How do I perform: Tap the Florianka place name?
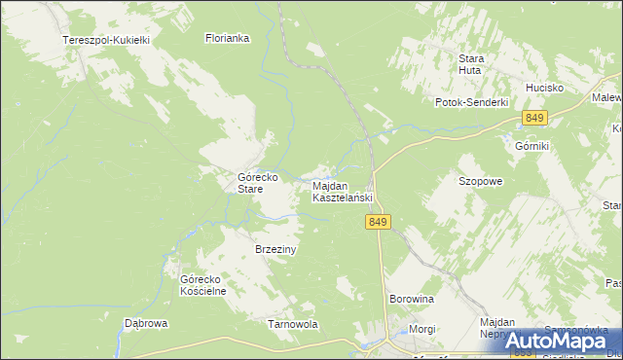(228, 39)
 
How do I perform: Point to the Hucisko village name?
(544, 88)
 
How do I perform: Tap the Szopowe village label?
(480, 181)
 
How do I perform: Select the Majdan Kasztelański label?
(342, 192)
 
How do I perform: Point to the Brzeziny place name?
(275, 249)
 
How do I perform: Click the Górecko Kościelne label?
(203, 285)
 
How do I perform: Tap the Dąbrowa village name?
(147, 323)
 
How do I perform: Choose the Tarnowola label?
(292, 324)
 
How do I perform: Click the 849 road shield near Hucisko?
(533, 118)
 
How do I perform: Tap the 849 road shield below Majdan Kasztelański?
(380, 223)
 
